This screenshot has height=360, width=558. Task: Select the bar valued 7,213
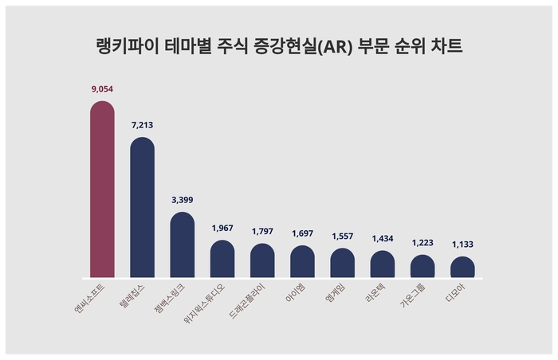(142, 207)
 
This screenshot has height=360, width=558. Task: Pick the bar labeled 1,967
(222, 259)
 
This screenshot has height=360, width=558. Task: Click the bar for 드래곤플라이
(262, 260)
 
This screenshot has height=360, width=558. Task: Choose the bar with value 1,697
(302, 261)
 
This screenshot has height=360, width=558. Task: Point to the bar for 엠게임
(342, 263)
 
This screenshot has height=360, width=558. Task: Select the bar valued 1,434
(383, 264)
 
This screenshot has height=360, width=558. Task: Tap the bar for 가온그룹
(422, 266)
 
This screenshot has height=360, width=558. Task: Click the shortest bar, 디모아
(462, 267)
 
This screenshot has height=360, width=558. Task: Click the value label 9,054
(102, 90)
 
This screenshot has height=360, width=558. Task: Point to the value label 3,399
(183, 200)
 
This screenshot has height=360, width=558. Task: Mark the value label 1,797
(262, 231)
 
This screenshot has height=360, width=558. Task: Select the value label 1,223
(422, 242)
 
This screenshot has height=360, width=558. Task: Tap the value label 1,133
(462, 245)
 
